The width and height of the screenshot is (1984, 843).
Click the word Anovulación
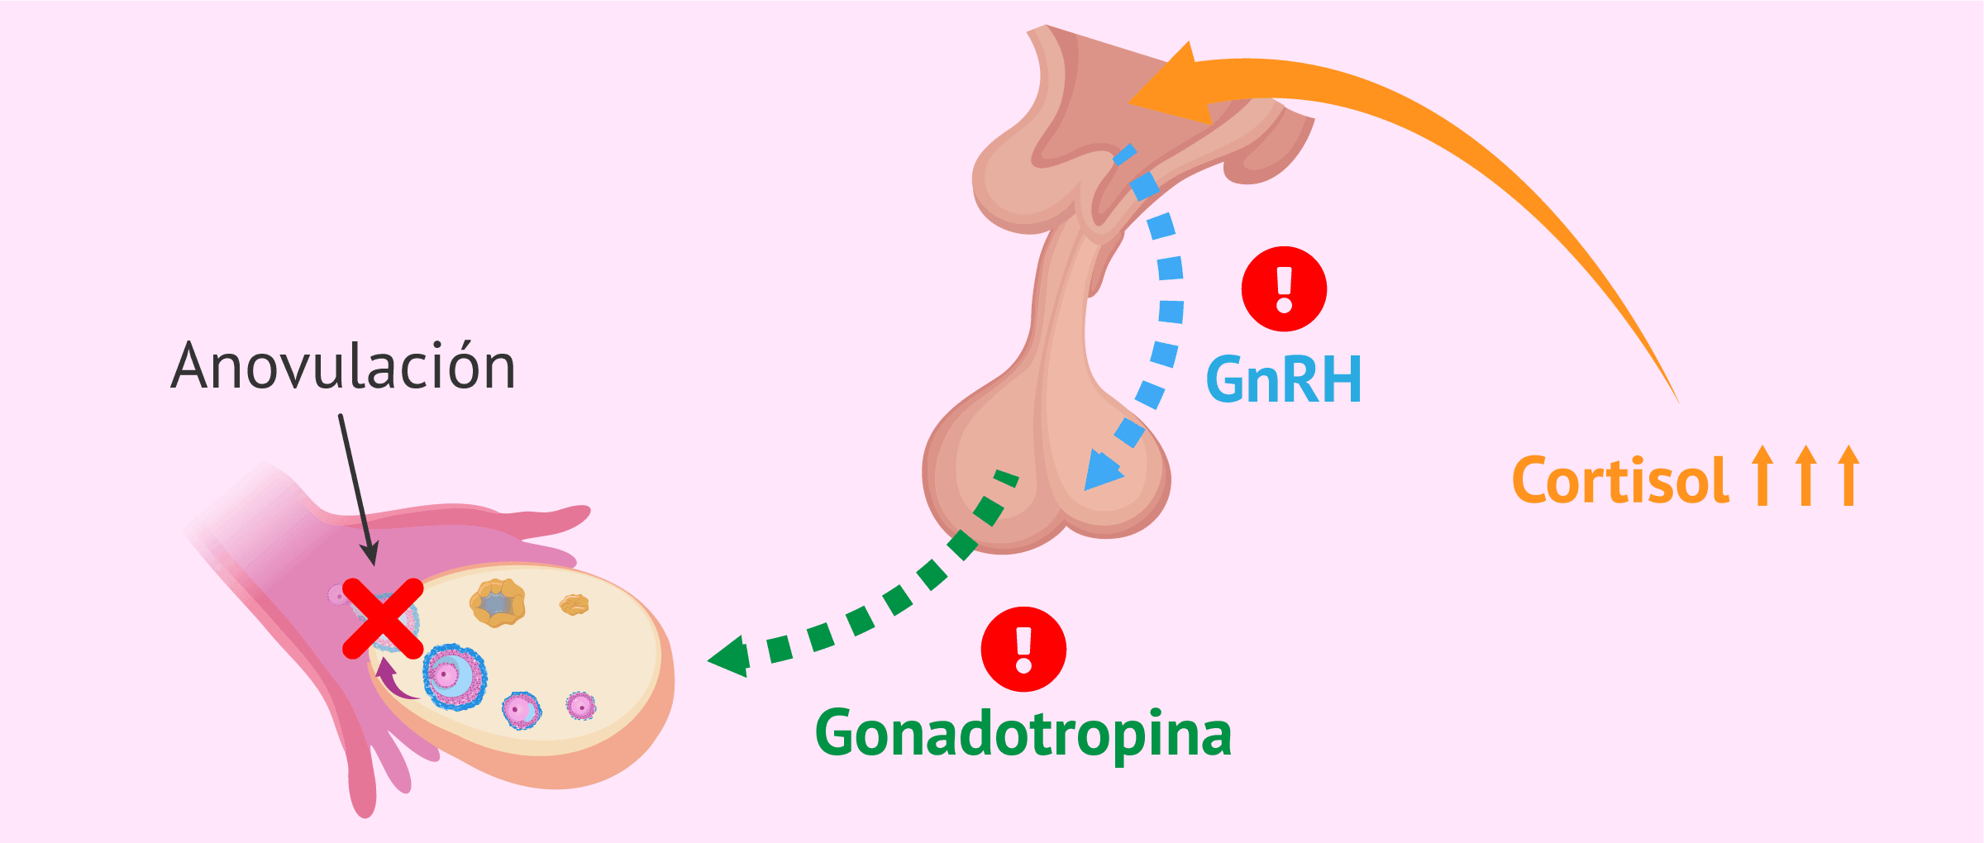[343, 365]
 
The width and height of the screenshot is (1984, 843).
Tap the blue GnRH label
[1284, 380]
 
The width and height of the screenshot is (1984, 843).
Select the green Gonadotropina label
[1023, 734]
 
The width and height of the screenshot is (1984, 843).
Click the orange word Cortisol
[1620, 480]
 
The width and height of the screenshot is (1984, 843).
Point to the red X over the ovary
[383, 618]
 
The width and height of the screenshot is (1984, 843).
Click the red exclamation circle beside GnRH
[1284, 289]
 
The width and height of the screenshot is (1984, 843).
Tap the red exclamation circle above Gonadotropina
[1023, 650]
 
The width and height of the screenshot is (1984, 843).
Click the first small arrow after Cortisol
[1762, 475]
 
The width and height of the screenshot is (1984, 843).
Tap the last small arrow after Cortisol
[1849, 475]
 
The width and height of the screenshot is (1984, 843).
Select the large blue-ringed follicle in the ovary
[455, 677]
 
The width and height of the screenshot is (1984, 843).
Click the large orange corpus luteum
[498, 602]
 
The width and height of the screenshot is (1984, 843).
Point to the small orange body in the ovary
[574, 605]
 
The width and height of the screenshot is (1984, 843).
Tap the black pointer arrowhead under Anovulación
[370, 554]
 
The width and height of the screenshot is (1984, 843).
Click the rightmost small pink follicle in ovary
[581, 706]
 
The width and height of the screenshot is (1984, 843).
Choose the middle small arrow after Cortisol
[1806, 475]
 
